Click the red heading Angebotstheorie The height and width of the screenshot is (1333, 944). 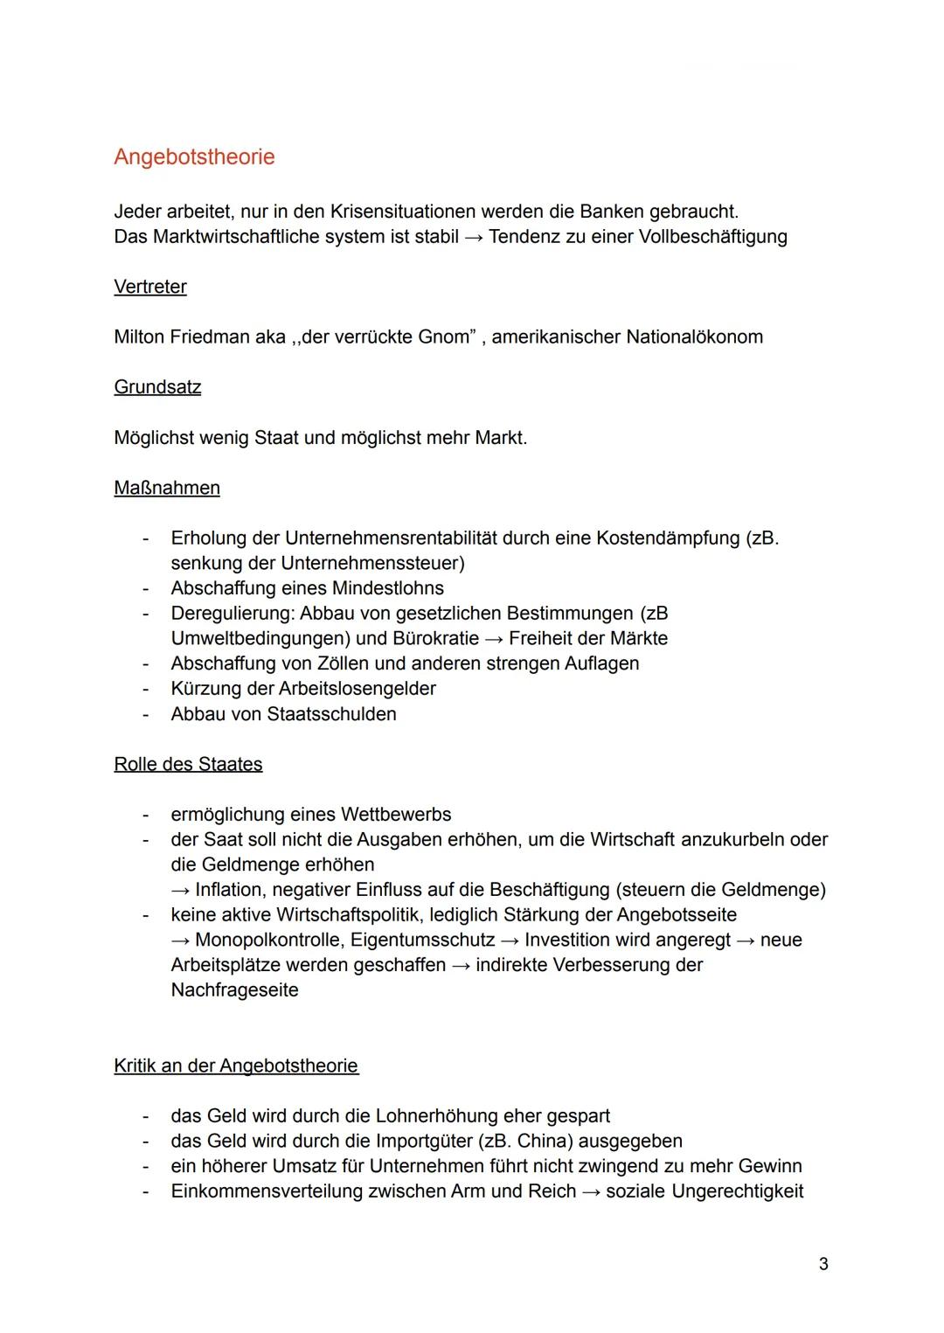pos(194,156)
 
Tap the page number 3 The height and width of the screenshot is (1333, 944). pos(823,1264)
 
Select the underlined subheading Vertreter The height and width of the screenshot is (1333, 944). pos(149,287)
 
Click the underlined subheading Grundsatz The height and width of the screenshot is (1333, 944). pos(157,387)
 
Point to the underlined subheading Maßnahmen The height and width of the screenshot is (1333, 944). pos(167,488)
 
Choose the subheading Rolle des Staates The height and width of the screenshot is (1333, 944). pos(188,764)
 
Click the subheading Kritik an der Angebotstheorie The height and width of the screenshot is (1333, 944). pos(236,1066)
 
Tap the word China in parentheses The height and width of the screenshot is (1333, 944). pos(545,1142)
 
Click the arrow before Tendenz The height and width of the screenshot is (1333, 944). pos(473,238)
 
